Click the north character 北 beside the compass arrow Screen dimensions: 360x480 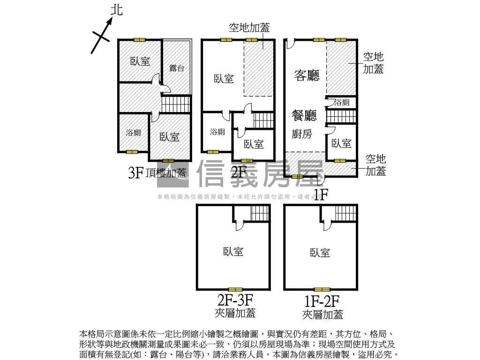coord(116,10)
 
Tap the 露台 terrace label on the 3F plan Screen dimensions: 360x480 coord(177,68)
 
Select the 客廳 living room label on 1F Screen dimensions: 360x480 coord(307,75)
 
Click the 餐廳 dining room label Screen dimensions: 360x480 coord(304,115)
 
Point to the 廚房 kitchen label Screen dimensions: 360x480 coord(302,135)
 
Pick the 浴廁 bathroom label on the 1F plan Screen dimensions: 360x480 coord(342,102)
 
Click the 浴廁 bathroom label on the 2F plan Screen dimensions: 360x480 coord(217,132)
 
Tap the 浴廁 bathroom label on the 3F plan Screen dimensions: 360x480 coord(133,133)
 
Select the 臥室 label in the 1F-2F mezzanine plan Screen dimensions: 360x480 coord(320,253)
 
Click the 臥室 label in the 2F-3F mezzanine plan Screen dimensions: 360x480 coord(233,252)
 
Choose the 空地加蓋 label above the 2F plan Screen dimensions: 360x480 coord(249,28)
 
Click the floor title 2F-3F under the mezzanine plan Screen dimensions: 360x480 coord(235,299)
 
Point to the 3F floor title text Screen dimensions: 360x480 coord(135,173)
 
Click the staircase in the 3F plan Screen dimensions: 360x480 coord(176,104)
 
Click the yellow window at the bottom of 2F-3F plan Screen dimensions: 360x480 coord(235,290)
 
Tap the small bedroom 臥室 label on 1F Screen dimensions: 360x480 coord(341,143)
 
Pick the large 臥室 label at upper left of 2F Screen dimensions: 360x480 coord(224,79)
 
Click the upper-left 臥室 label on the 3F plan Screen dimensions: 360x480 coord(140,61)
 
